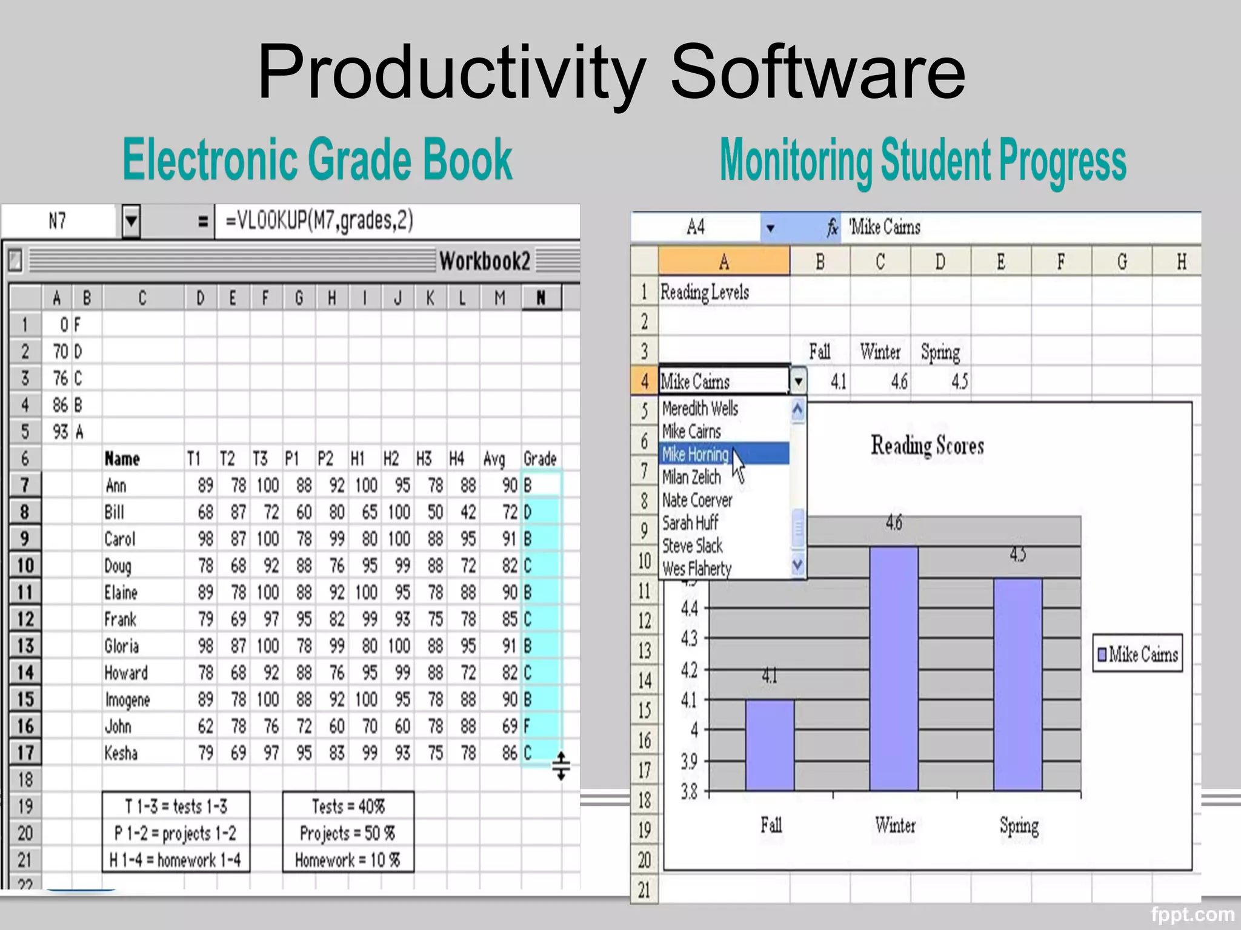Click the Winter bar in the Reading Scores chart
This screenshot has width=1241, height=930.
[894, 668]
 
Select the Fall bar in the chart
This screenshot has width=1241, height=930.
[770, 745]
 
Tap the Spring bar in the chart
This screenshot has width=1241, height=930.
[1018, 684]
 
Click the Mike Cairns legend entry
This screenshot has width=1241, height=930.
[1137, 655]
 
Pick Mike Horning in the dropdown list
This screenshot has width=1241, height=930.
[695, 454]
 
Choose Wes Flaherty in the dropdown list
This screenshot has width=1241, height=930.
[697, 569]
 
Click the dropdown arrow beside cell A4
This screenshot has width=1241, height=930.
[798, 381]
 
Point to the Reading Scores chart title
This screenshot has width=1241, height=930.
[927, 446]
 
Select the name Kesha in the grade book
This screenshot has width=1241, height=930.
[121, 753]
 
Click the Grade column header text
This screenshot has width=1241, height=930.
[539, 459]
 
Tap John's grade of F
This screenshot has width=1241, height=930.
[527, 726]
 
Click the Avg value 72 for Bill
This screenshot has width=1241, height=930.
[510, 512]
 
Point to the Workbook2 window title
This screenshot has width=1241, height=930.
[484, 262]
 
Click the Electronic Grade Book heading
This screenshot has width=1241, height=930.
[318, 159]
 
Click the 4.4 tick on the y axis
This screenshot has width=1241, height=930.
[690, 608]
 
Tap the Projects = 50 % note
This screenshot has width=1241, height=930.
[347, 833]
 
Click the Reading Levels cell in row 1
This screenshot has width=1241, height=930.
[705, 292]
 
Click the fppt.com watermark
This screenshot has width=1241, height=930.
[1192, 914]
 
